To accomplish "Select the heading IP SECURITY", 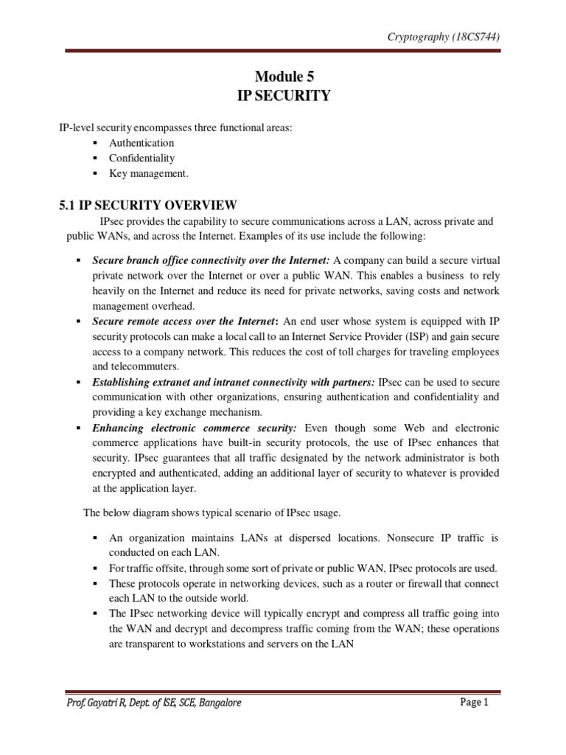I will (x=283, y=96).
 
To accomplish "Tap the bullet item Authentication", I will (x=141, y=143).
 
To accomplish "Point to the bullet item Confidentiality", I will (x=141, y=159).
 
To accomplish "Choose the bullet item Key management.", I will (x=149, y=174).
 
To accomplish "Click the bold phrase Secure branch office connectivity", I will (x=174, y=260).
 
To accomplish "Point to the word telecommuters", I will (x=148, y=367).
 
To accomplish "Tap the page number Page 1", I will (x=475, y=703).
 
